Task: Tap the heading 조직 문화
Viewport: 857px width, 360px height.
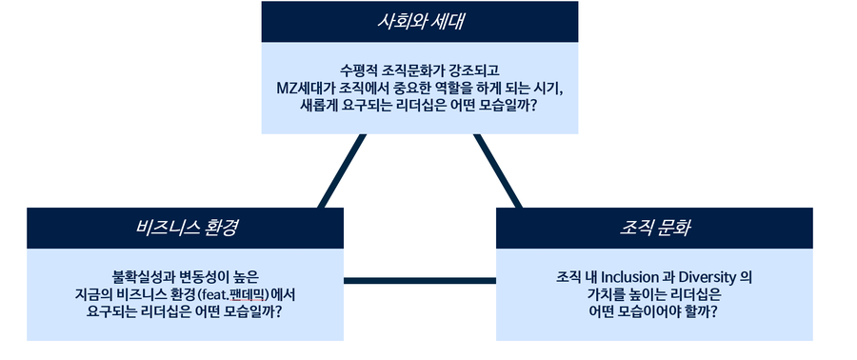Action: [653, 228]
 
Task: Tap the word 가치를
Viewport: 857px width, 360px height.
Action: [608, 294]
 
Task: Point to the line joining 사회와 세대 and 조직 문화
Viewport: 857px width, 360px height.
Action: [497, 170]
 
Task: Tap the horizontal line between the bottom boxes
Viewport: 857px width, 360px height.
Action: [419, 280]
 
